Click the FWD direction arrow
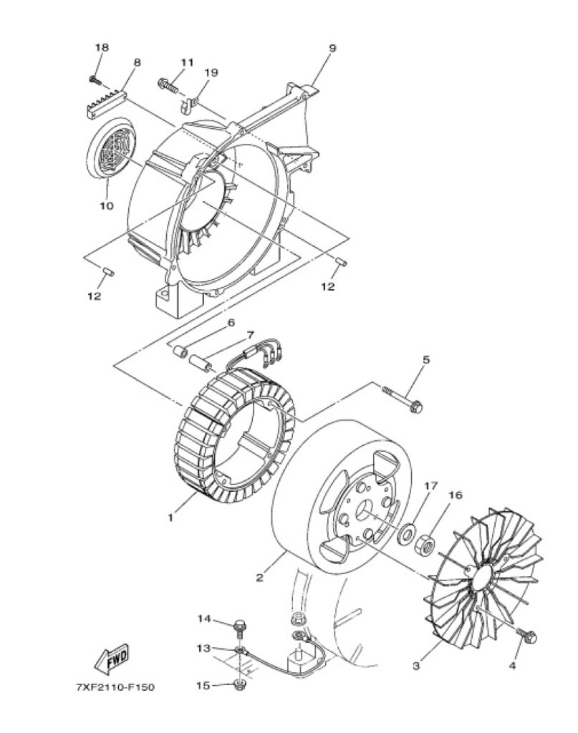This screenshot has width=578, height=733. coord(112,659)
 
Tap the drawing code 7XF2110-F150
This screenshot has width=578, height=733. coord(115,687)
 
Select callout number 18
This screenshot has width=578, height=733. coord(102,47)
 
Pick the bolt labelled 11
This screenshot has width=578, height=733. coord(169,85)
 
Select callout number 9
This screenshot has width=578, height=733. coord(332,48)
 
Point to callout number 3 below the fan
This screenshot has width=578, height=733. coord(416,665)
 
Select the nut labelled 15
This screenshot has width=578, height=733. coord(240,685)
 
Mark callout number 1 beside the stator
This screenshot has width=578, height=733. coord(171,518)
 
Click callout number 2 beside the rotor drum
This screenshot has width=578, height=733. coord(259,578)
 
